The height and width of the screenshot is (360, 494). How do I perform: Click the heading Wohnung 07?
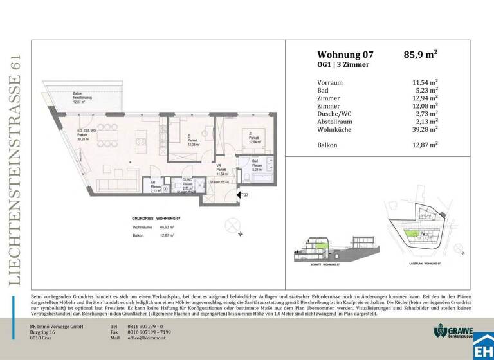345,55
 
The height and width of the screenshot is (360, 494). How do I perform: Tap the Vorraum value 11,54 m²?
425,83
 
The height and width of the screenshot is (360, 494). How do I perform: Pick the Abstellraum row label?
336,120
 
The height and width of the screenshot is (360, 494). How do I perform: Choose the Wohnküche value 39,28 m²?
425,130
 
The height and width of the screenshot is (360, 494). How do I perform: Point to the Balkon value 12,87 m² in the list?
425,145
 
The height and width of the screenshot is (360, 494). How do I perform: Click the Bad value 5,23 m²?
428,92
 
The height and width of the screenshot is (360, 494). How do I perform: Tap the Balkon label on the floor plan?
77,94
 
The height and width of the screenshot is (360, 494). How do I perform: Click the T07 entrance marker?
243,195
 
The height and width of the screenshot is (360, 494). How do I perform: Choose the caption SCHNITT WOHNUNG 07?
310,264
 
